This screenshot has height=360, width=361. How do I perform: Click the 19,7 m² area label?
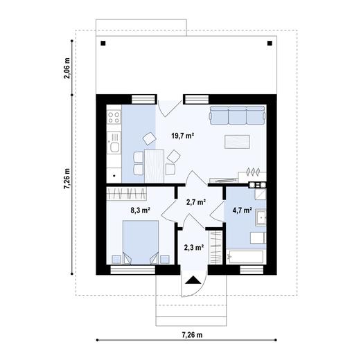click(x=182, y=136)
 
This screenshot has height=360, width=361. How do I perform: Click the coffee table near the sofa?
click(x=235, y=141)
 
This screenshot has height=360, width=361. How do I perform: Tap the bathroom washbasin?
click(x=261, y=218)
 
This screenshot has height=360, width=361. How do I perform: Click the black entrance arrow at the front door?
click(x=194, y=280)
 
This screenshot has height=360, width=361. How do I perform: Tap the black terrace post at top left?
click(x=103, y=44)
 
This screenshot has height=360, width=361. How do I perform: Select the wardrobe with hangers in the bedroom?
click(x=132, y=193)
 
